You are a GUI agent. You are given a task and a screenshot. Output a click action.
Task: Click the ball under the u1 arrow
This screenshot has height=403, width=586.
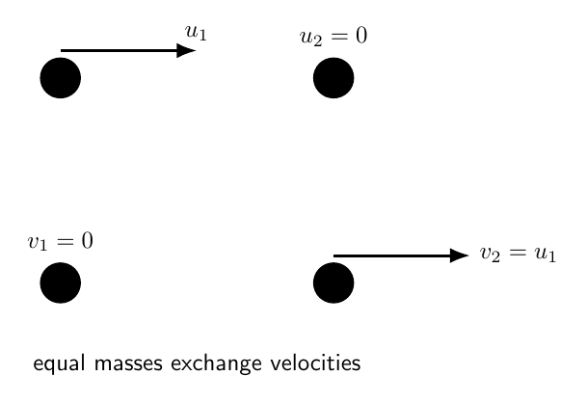(x=61, y=78)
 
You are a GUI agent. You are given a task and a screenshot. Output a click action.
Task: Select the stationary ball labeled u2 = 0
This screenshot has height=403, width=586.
(x=333, y=78)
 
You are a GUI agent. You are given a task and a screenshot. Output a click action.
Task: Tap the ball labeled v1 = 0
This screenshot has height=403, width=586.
(x=61, y=282)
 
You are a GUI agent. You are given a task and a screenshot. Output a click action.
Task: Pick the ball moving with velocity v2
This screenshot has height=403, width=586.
(x=333, y=282)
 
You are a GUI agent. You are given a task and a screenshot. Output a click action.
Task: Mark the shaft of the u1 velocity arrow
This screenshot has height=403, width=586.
(x=119, y=50)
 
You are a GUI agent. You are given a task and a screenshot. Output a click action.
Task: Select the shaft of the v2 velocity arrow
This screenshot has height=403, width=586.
(x=391, y=255)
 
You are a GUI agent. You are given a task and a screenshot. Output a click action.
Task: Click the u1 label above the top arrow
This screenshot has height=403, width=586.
(x=196, y=32)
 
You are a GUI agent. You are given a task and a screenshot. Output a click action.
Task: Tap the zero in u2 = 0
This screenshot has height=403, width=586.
(x=361, y=36)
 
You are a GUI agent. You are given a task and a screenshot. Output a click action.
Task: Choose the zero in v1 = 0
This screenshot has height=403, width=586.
(x=87, y=240)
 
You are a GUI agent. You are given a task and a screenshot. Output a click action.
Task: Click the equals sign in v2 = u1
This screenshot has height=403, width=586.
(x=517, y=253)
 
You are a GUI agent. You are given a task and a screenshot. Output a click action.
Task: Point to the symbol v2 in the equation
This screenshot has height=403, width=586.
(x=490, y=254)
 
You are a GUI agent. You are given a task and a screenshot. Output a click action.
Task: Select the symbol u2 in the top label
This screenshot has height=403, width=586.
(x=310, y=38)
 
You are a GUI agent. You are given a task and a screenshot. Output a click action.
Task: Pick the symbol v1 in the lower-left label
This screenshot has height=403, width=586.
(x=38, y=243)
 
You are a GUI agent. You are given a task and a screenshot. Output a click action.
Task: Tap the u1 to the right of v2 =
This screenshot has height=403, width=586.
(x=546, y=254)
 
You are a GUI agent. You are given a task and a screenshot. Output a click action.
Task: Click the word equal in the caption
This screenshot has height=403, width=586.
(x=59, y=363)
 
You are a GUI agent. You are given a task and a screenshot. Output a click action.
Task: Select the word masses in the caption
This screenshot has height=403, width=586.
(x=128, y=363)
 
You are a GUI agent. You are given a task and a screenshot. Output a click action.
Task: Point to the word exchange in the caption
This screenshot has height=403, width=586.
(x=217, y=363)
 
